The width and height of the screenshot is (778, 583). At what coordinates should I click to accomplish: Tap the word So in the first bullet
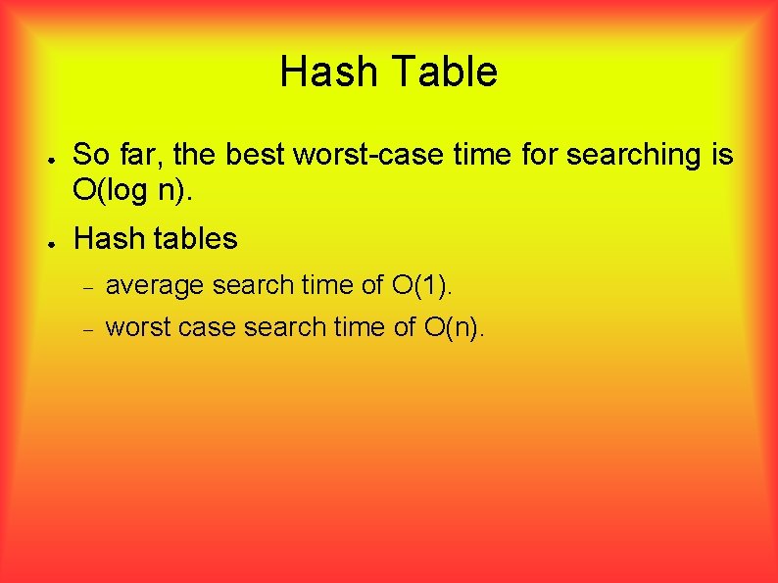click(x=91, y=155)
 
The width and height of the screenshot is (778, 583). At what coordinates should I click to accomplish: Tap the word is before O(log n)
click(x=717, y=155)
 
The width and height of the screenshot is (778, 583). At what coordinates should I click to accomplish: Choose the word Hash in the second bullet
click(x=103, y=238)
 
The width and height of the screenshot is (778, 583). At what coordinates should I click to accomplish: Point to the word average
click(x=155, y=286)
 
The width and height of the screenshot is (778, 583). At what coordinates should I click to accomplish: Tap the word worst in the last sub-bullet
click(x=137, y=327)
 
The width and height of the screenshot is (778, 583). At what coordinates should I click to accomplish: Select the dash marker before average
click(x=86, y=288)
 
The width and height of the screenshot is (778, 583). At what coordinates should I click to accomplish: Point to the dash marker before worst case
click(x=86, y=329)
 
